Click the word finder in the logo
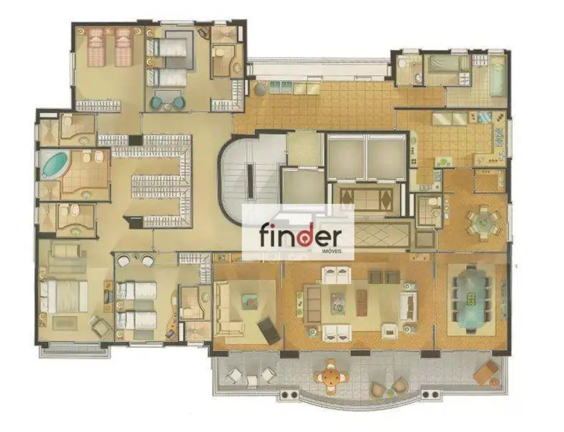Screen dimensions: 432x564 pos(299,235)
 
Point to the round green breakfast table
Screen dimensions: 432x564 pos(482,221)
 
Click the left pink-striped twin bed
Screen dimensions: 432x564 pos(96,46)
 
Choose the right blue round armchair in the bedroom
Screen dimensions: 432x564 pos(178,103)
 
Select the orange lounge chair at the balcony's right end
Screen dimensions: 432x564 pos(487,372)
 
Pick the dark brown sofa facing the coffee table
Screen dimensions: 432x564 pos(385,277)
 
